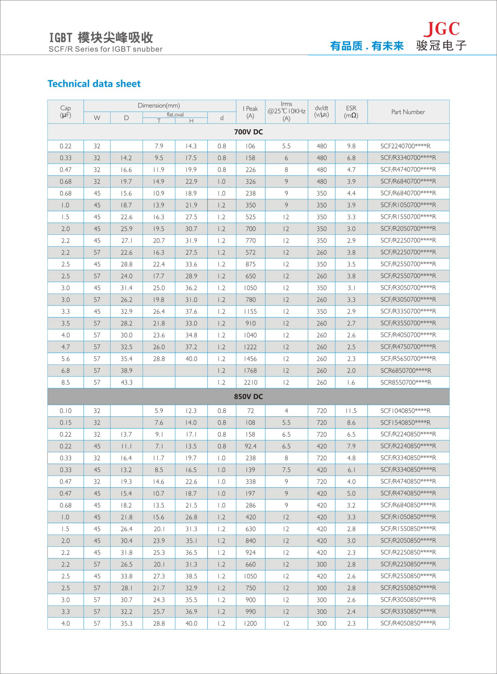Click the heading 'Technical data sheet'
coord(94,84)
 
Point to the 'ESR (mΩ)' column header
coord(351,112)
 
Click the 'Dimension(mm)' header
coord(159,105)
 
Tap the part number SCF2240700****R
coord(405,146)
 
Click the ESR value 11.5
coord(351,411)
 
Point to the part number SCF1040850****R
coord(405,411)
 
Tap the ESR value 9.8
coord(351,146)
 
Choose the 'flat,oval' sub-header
coord(175,115)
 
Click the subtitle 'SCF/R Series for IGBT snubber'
coord(105,49)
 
